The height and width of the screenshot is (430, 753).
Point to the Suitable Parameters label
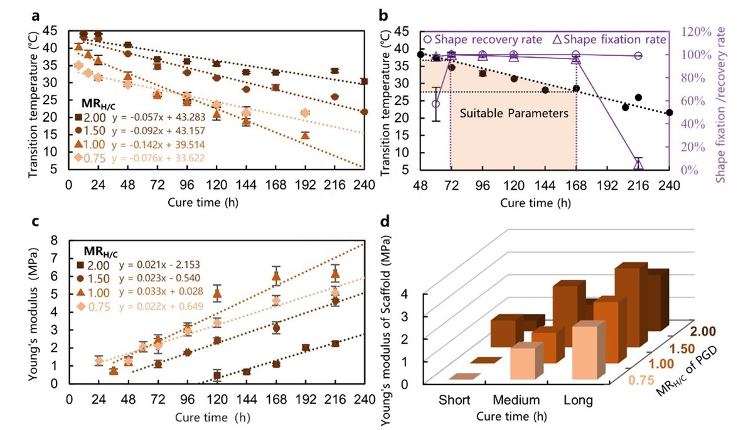[514, 114]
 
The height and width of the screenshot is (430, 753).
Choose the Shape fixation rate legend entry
[608, 39]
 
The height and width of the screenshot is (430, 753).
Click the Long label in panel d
[577, 400]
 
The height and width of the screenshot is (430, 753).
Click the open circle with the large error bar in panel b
[435, 104]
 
